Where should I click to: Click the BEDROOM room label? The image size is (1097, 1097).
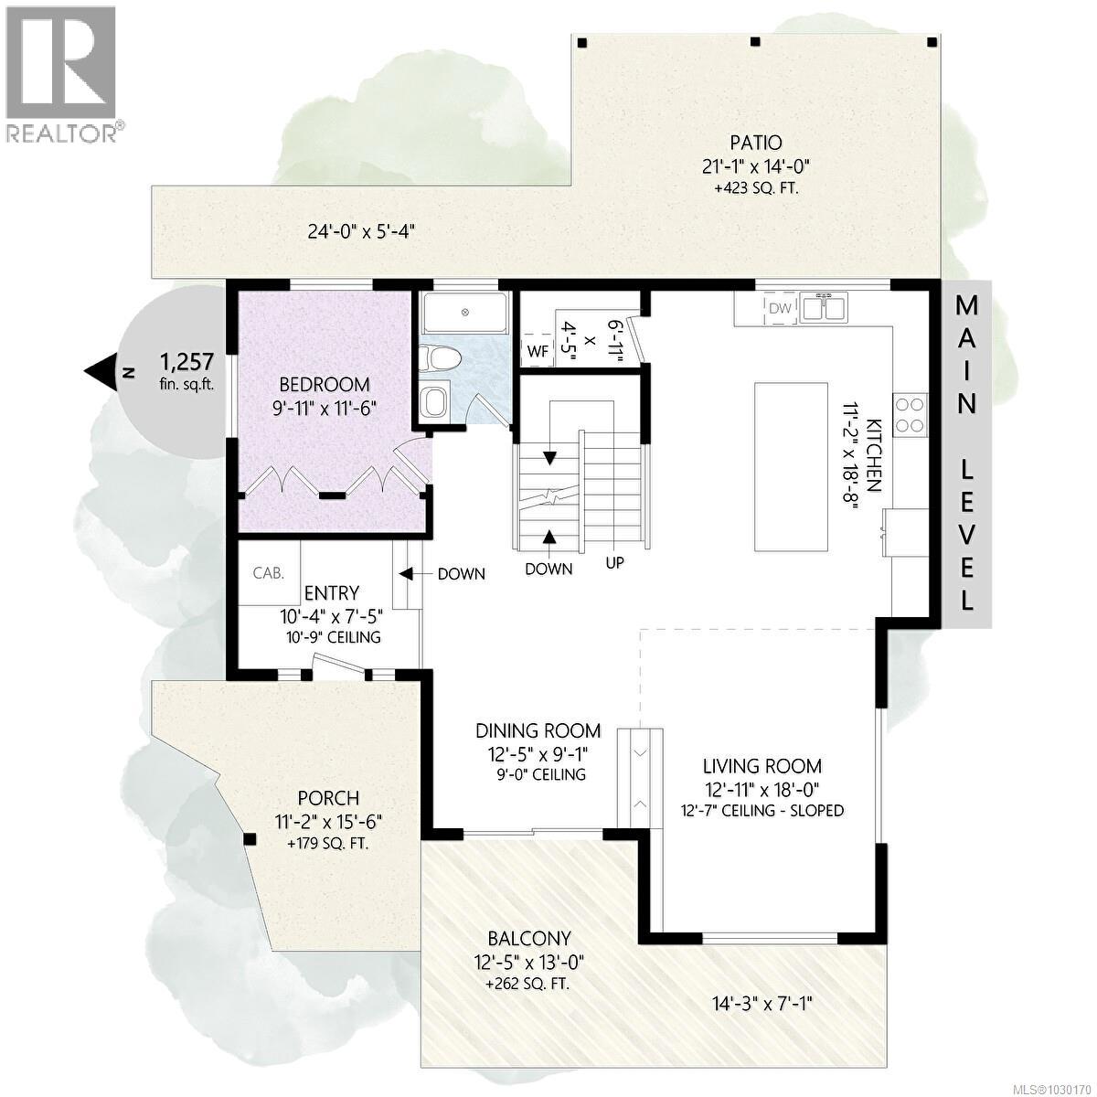325,384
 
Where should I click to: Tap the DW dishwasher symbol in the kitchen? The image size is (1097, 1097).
779,308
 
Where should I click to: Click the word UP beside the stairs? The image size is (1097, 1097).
614,563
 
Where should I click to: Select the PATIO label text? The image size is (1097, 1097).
755,143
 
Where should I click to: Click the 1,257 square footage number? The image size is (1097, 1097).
187,358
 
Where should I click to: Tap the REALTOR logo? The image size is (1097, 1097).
62,73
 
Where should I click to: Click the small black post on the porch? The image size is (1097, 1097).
249,838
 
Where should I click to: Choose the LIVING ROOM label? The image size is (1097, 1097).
762,766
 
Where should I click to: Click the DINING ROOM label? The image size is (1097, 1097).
538,730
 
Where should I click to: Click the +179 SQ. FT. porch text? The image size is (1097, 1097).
327,844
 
